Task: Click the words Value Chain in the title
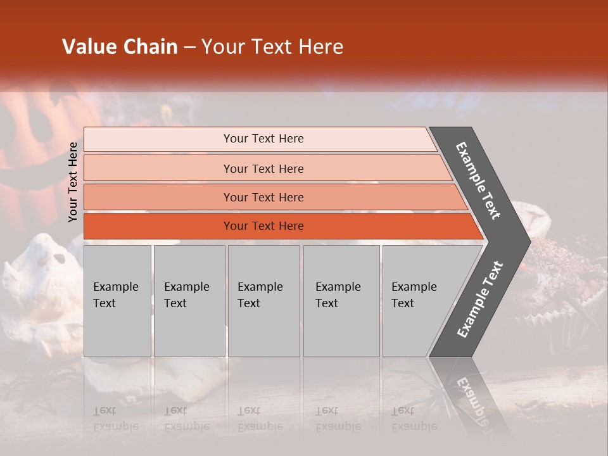pyautogui.click(x=120, y=47)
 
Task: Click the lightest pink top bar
pyautogui.click(x=263, y=139)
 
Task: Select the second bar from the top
pyautogui.click(x=263, y=168)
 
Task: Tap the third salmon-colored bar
pyautogui.click(x=263, y=197)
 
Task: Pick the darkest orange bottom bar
pyautogui.click(x=263, y=226)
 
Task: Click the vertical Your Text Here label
pyautogui.click(x=73, y=182)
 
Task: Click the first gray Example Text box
pyautogui.click(x=117, y=301)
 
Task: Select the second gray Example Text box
pyautogui.click(x=189, y=301)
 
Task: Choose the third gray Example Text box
pyautogui.click(x=263, y=301)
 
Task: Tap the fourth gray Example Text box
pyautogui.click(x=341, y=301)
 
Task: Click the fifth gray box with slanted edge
pyautogui.click(x=418, y=301)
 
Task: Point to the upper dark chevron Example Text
pyautogui.click(x=478, y=180)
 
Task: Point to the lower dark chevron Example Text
pyautogui.click(x=480, y=299)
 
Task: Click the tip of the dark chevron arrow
pyautogui.click(x=527, y=241)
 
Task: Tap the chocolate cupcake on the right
pyautogui.click(x=560, y=272)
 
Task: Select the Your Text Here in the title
pyautogui.click(x=272, y=47)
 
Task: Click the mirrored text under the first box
pyautogui.click(x=116, y=419)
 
